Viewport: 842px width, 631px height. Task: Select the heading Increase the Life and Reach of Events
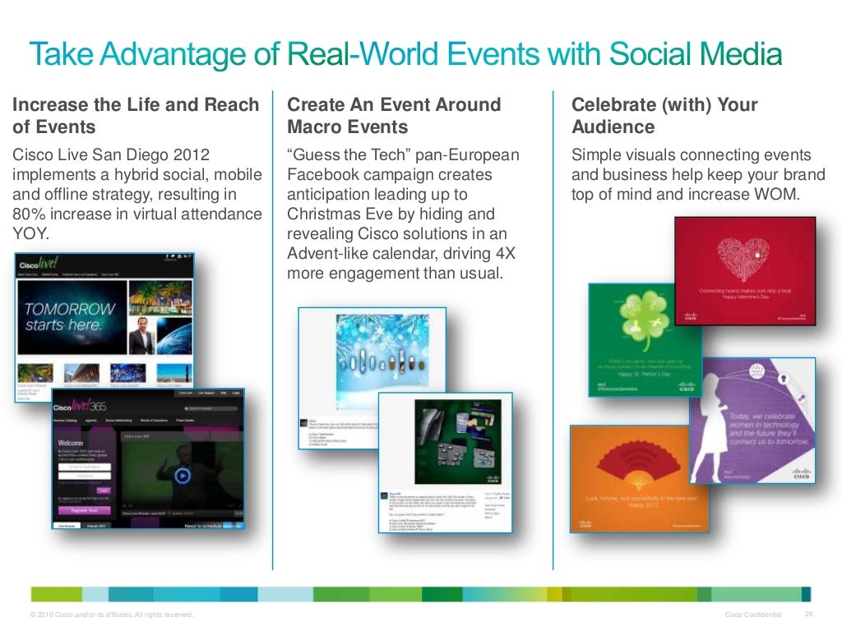135,116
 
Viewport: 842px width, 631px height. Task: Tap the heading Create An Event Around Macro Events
394,116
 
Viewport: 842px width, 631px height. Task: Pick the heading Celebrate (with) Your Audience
664,116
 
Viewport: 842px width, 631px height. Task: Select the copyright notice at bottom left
111,615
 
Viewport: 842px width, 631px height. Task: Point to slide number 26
808,615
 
